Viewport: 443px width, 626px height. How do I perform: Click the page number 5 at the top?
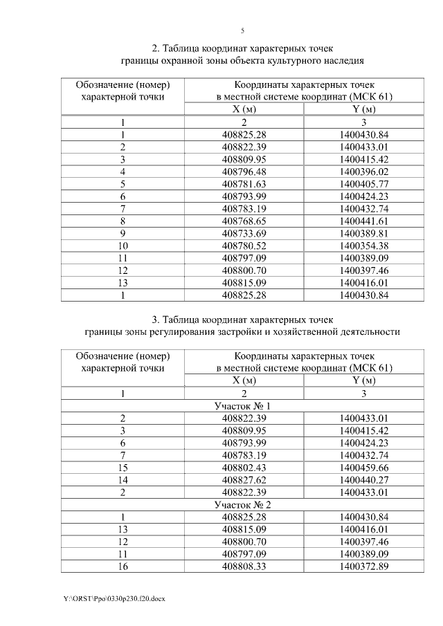click(x=242, y=30)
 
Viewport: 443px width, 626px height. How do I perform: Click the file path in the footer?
click(x=114, y=597)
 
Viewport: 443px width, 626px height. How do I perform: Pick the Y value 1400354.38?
click(x=365, y=246)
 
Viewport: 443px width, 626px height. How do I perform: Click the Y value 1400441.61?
click(x=365, y=221)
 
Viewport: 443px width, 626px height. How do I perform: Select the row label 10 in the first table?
click(x=123, y=246)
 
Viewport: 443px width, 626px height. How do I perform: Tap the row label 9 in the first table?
click(x=123, y=233)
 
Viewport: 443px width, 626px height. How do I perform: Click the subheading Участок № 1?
click(x=242, y=405)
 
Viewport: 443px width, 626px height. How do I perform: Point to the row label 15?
click(x=123, y=468)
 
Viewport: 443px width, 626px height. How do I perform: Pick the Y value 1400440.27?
click(x=365, y=479)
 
